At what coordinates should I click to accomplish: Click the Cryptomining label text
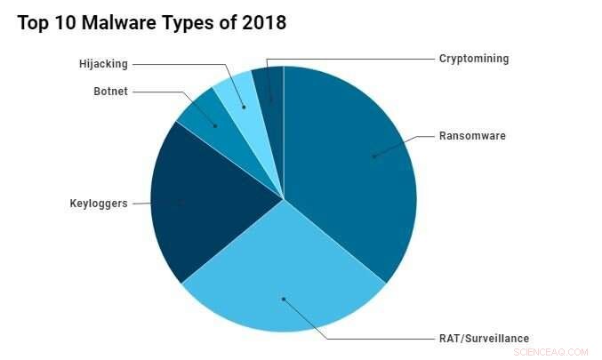pyautogui.click(x=474, y=59)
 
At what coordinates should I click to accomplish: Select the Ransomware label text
pyautogui.click(x=471, y=136)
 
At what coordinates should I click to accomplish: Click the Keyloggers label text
pyautogui.click(x=99, y=204)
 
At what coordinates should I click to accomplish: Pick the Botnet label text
pyautogui.click(x=111, y=92)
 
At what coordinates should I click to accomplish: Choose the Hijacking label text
pyautogui.click(x=103, y=64)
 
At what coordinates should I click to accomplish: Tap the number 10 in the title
pyautogui.click(x=63, y=24)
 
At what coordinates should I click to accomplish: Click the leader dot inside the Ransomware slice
pyautogui.click(x=373, y=156)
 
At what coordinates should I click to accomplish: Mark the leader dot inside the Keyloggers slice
pyautogui.click(x=181, y=204)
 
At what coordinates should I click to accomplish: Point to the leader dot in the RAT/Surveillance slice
pyautogui.click(x=284, y=300)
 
